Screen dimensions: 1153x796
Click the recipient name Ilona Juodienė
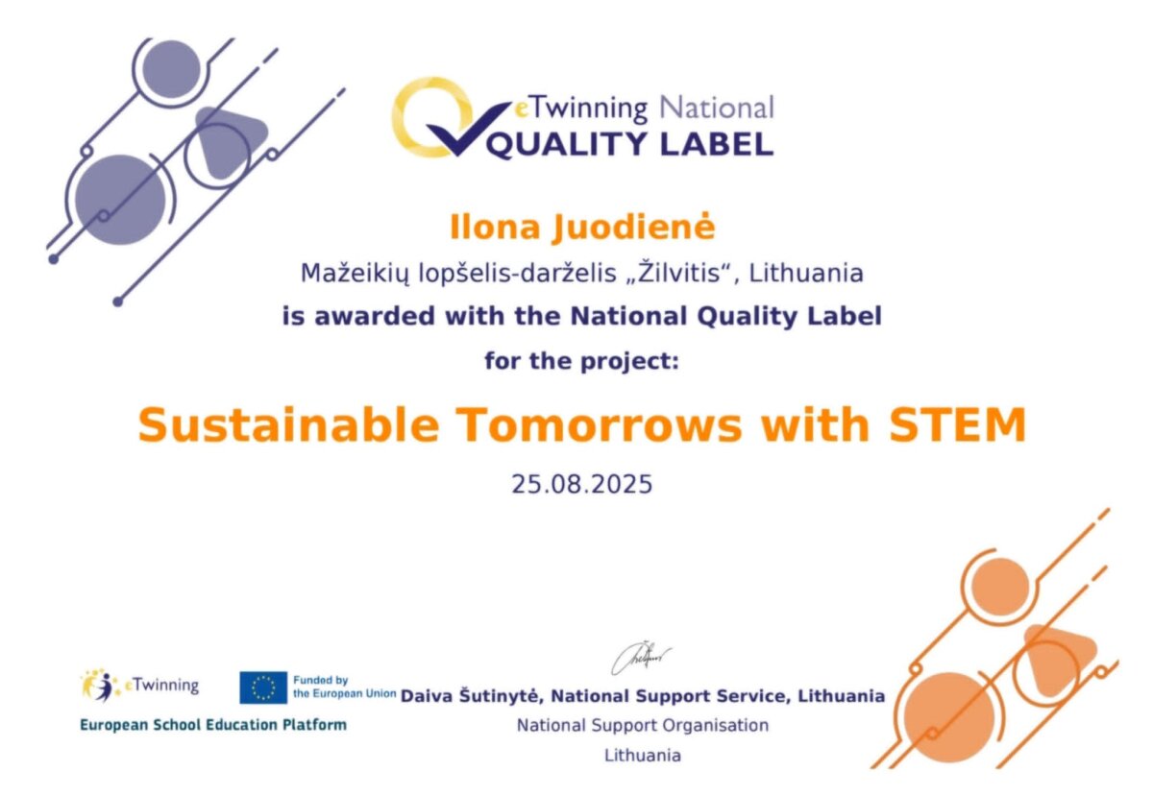582,227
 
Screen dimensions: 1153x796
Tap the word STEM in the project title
958,425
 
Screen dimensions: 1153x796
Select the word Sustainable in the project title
288,425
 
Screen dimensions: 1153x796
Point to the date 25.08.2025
581,485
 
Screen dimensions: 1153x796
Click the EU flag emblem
263,687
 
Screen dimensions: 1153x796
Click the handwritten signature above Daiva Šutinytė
641,659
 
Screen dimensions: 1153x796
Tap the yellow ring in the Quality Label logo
431,117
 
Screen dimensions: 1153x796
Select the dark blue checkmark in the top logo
467,128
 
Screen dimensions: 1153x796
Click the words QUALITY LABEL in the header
630,144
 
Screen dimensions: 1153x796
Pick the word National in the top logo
717,109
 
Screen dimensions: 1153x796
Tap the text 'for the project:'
581,361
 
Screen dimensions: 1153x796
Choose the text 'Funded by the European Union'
344,687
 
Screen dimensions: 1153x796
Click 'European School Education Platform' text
213,725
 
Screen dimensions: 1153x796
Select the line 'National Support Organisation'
643,726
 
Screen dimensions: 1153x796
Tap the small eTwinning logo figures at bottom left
98,685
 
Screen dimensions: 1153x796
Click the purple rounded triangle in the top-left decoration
230,141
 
